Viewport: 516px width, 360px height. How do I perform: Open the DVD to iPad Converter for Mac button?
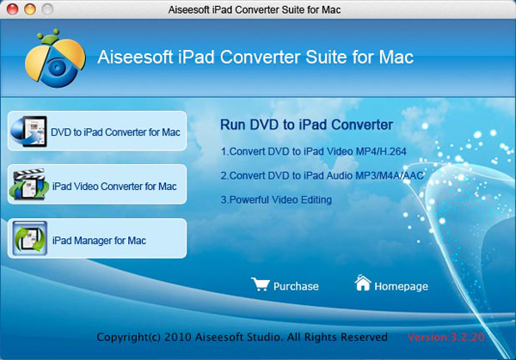pos(97,132)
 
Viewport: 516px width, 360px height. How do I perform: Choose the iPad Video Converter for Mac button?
pos(97,186)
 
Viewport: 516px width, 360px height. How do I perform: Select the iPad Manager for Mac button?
pos(97,240)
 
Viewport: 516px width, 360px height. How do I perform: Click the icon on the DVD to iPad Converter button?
pos(28,132)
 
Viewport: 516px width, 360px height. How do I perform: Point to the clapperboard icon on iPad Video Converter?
pos(28,186)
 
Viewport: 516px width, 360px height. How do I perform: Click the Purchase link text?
pos(295,286)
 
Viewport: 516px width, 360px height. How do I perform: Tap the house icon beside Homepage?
pos(363,284)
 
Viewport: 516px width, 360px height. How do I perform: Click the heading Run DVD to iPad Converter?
pos(306,125)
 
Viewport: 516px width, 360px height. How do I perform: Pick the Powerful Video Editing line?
pos(276,200)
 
